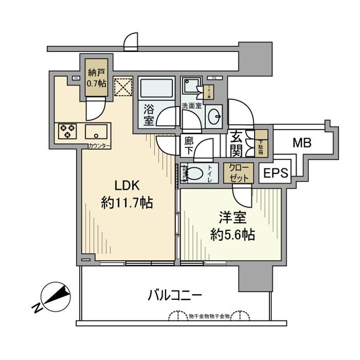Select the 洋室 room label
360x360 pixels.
231,216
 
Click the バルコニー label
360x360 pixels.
174,295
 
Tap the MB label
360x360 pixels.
302,144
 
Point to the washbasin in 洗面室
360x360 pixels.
215,116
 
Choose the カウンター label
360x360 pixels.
99,146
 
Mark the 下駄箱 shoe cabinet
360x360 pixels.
262,142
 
